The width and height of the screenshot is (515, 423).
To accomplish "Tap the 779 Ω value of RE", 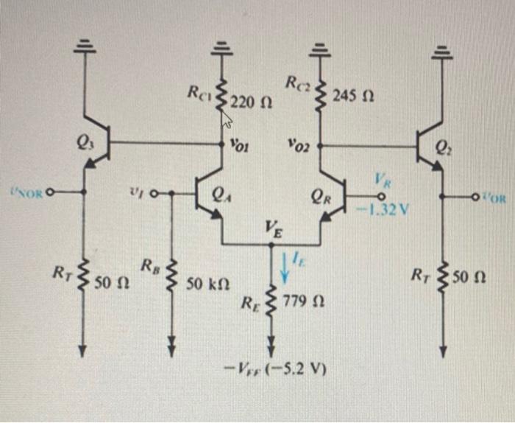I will tap(302, 303).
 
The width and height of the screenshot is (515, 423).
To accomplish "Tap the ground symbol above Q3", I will tap(83, 46).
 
